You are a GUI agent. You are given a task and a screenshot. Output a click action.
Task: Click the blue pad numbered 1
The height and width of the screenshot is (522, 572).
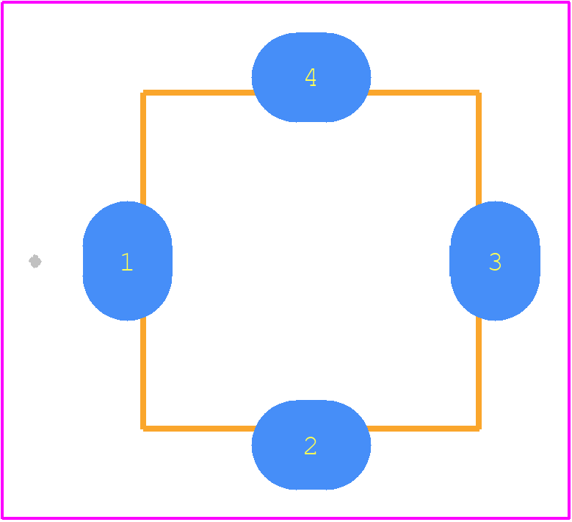[x=127, y=261]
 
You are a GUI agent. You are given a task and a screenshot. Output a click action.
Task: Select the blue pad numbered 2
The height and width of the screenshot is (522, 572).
[x=311, y=445]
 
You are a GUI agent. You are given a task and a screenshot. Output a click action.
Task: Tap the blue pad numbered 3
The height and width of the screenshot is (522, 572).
[x=495, y=261]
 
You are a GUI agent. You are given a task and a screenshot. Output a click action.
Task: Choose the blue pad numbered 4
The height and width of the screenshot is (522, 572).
[x=311, y=77]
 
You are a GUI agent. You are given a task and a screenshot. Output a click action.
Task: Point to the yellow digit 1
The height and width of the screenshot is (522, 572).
[x=127, y=262]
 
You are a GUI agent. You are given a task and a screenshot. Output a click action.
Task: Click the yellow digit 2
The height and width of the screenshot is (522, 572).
[x=311, y=446]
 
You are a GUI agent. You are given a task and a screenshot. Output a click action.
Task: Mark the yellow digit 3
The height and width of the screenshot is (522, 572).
[x=495, y=262]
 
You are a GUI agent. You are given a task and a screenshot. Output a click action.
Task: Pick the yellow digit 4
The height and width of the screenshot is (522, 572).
[x=311, y=77]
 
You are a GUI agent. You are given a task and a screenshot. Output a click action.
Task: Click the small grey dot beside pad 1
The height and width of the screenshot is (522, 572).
[x=35, y=261]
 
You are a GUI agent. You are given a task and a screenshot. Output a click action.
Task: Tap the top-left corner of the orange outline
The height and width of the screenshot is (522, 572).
[x=143, y=93]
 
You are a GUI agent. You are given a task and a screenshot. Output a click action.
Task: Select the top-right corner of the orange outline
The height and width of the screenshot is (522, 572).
[x=479, y=93]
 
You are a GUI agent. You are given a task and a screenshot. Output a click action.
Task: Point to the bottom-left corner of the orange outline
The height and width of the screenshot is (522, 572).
[x=143, y=429]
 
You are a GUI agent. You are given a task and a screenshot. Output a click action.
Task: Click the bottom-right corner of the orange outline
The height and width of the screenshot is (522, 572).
[x=479, y=429]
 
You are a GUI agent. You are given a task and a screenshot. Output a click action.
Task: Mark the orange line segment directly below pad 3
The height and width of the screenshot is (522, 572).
[x=479, y=372]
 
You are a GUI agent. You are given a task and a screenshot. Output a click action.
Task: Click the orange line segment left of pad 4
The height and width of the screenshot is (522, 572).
[x=199, y=93]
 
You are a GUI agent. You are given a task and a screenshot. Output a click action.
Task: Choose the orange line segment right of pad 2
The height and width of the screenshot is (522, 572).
[x=423, y=429]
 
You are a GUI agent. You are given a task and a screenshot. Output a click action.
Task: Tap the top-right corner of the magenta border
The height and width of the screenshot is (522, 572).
[x=569, y=2]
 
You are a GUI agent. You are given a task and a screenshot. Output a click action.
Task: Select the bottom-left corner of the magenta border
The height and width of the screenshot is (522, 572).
[x=2, y=518]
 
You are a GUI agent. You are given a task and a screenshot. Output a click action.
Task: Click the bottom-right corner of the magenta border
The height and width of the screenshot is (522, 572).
[x=569, y=518]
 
